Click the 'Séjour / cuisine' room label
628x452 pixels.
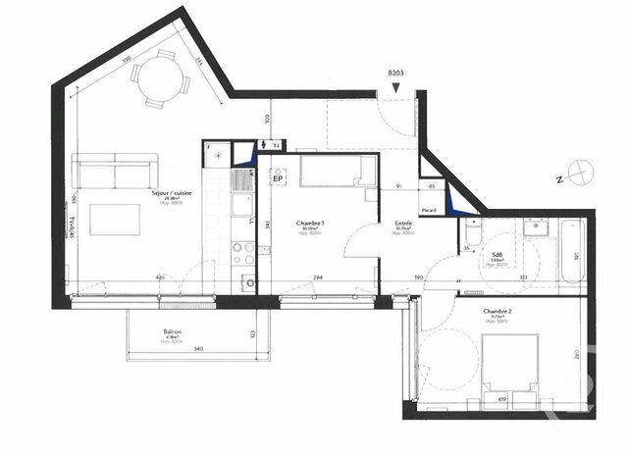(171, 194)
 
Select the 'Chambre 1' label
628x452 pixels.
(310, 224)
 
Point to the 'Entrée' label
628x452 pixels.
(403, 224)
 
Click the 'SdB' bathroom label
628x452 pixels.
(497, 252)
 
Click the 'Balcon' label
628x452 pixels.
(174, 333)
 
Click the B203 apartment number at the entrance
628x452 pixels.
(395, 74)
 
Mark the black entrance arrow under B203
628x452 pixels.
(395, 89)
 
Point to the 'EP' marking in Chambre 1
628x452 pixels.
(278, 178)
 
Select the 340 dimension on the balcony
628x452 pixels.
(198, 349)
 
